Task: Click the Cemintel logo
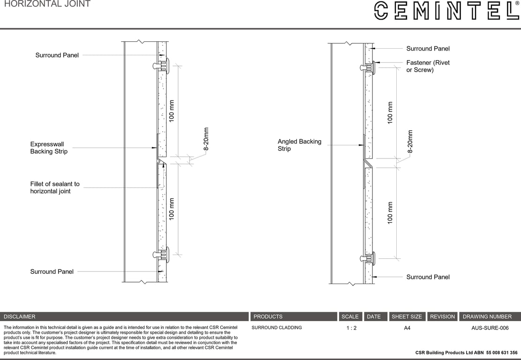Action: click(446, 10)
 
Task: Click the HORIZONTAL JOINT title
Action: click(47, 4)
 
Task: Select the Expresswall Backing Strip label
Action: click(49, 148)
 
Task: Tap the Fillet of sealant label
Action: click(55, 187)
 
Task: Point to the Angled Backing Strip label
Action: click(299, 145)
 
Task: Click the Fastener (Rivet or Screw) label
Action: click(428, 66)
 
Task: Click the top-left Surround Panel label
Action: click(57, 55)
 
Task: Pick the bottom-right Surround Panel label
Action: click(428, 277)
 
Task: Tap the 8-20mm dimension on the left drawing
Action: click(206, 139)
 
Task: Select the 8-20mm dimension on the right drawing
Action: click(410, 142)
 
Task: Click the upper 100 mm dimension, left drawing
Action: click(172, 111)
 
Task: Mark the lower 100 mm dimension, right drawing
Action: click(390, 213)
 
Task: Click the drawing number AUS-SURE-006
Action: click(490, 328)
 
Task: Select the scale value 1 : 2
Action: click(351, 328)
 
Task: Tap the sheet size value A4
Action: click(407, 328)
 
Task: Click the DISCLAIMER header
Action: click(20, 317)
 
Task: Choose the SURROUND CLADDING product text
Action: click(277, 328)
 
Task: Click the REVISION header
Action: click(442, 317)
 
